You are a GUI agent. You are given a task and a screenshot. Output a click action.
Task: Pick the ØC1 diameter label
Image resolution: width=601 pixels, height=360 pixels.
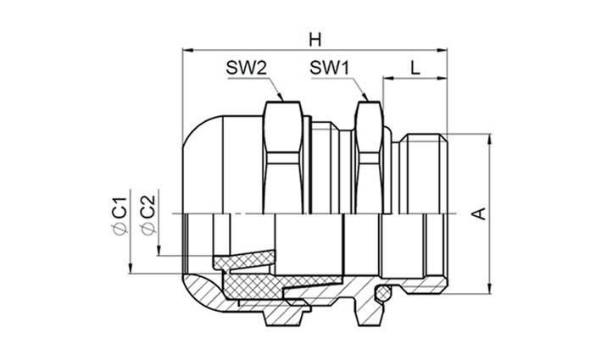tap(120, 216)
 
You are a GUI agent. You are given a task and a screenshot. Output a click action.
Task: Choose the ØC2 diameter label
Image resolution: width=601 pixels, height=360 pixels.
tap(146, 216)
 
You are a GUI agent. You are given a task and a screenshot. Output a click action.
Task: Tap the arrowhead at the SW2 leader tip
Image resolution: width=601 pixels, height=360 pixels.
tap(281, 101)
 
